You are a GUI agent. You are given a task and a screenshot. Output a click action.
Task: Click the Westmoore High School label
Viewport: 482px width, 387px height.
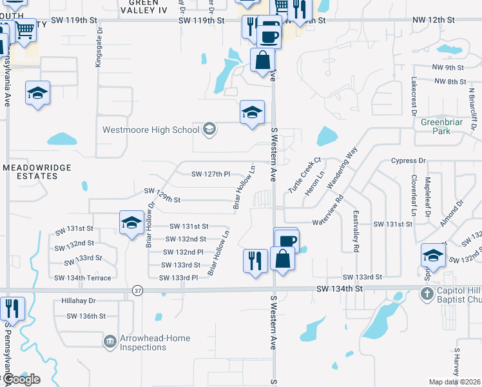pos(151,130)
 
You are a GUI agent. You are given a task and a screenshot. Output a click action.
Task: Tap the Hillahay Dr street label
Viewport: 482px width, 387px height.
pos(79,301)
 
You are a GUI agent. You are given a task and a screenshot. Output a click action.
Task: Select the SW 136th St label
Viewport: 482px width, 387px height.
pos(86,316)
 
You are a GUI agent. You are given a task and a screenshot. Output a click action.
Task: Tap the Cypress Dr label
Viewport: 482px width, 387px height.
pos(409,161)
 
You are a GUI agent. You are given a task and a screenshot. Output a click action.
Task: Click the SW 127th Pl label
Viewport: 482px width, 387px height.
pos(211,174)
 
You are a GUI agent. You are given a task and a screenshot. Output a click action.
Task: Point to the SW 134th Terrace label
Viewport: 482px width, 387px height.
pos(82,278)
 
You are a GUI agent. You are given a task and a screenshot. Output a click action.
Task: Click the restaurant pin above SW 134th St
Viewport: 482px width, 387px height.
pos(255,261)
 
